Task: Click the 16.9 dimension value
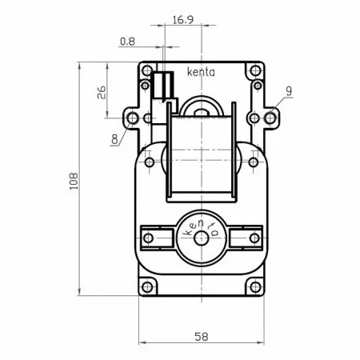183,20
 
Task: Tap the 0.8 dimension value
127,42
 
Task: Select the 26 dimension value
102,93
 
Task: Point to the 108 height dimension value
74,181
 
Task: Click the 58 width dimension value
202,337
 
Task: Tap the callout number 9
289,91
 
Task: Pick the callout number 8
114,139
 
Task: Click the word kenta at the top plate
201,72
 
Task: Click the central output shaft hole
202,238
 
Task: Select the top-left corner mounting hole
146,70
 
